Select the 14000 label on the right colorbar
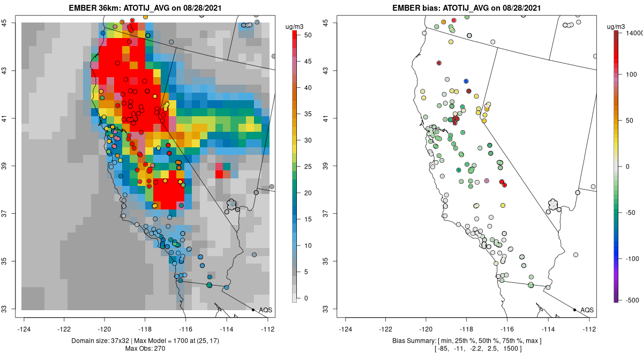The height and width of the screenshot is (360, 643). coord(632,33)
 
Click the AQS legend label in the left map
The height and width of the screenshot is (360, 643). coord(266,310)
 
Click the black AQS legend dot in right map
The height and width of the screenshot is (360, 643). coord(574,310)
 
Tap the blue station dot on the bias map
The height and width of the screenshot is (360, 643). coord(466,81)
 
